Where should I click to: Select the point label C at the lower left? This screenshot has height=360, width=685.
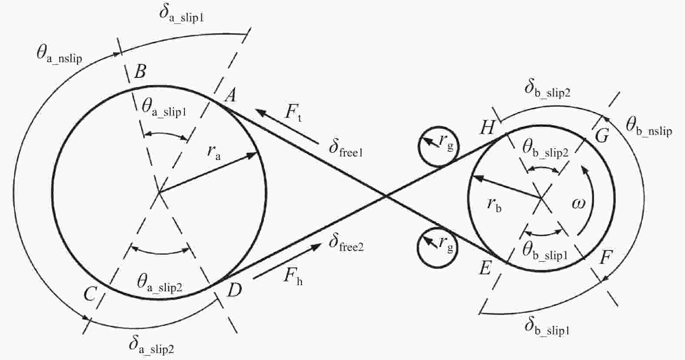(x=90, y=294)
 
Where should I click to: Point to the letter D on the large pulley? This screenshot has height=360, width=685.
(x=234, y=290)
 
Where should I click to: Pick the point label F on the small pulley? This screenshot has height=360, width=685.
(x=605, y=257)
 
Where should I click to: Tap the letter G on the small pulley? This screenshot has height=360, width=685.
(x=602, y=136)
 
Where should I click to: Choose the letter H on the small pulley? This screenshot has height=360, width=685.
(x=488, y=128)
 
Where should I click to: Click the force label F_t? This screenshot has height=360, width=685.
(x=293, y=112)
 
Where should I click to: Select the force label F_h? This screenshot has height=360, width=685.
(x=293, y=276)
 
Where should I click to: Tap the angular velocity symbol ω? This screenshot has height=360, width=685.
(x=578, y=203)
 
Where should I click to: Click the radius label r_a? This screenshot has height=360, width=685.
(x=214, y=152)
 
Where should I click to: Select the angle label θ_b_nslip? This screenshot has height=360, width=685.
(x=648, y=127)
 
